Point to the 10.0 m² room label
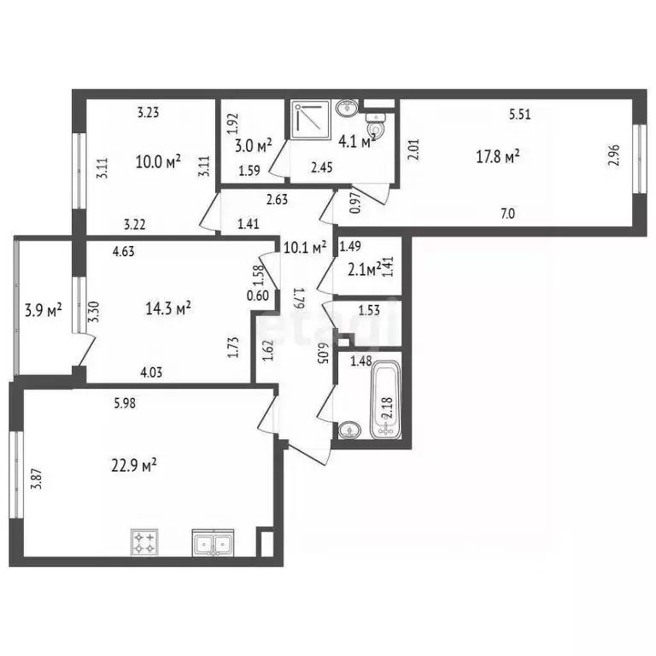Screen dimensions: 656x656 click(x=158, y=160)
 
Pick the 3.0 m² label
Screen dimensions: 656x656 click(x=253, y=143)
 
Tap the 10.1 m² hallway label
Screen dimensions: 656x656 click(x=306, y=249)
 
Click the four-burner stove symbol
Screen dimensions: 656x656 click(x=143, y=542)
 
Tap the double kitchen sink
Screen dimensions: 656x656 click(x=214, y=542)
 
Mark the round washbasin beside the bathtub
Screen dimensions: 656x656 click(x=348, y=430)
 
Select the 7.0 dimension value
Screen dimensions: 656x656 click(x=507, y=214)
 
